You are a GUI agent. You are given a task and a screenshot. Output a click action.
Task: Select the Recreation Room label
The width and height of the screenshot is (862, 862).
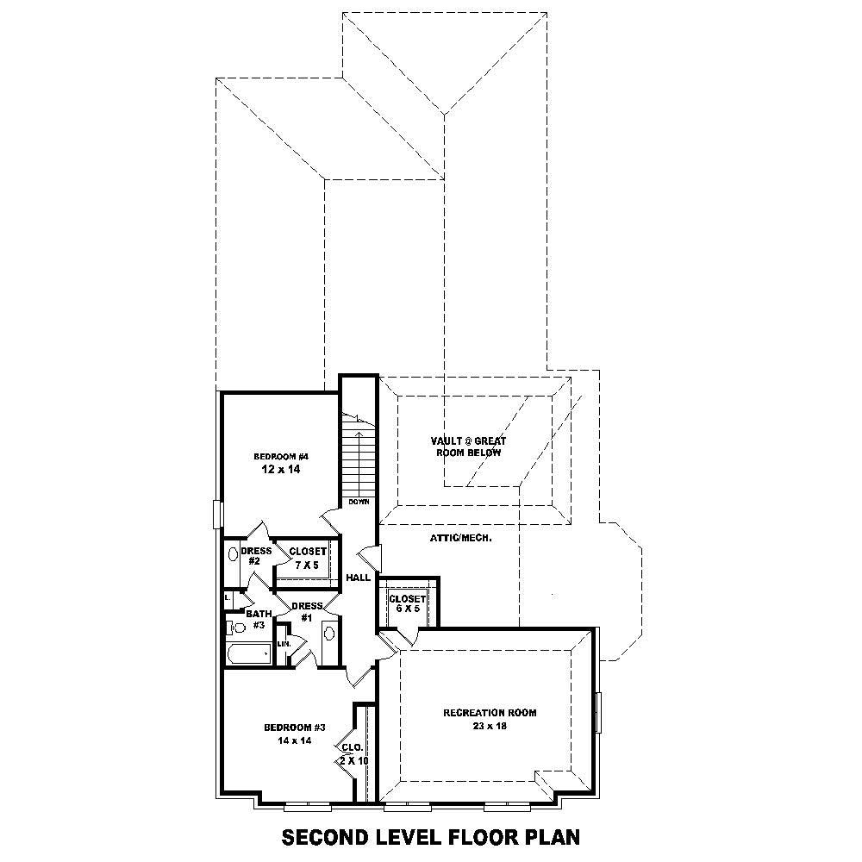click(x=490, y=713)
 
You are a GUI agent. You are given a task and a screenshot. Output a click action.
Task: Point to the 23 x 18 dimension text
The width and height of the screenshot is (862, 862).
click(x=490, y=726)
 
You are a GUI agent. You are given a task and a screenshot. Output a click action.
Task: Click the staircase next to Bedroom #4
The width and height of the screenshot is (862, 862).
click(x=356, y=457)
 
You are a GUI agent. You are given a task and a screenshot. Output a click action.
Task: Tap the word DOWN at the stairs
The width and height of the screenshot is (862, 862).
click(x=359, y=501)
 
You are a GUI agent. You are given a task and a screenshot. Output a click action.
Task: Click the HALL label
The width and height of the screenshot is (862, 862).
click(x=358, y=578)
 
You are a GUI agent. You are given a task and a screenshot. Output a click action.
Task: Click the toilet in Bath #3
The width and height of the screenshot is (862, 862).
click(x=234, y=627)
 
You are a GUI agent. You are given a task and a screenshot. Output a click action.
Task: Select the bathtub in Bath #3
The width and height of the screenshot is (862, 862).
click(x=247, y=653)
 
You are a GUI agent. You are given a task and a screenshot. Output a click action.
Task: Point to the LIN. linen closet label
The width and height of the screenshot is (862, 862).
click(x=283, y=643)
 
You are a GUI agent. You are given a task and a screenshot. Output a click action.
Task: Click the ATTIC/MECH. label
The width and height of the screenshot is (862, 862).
click(x=460, y=538)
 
